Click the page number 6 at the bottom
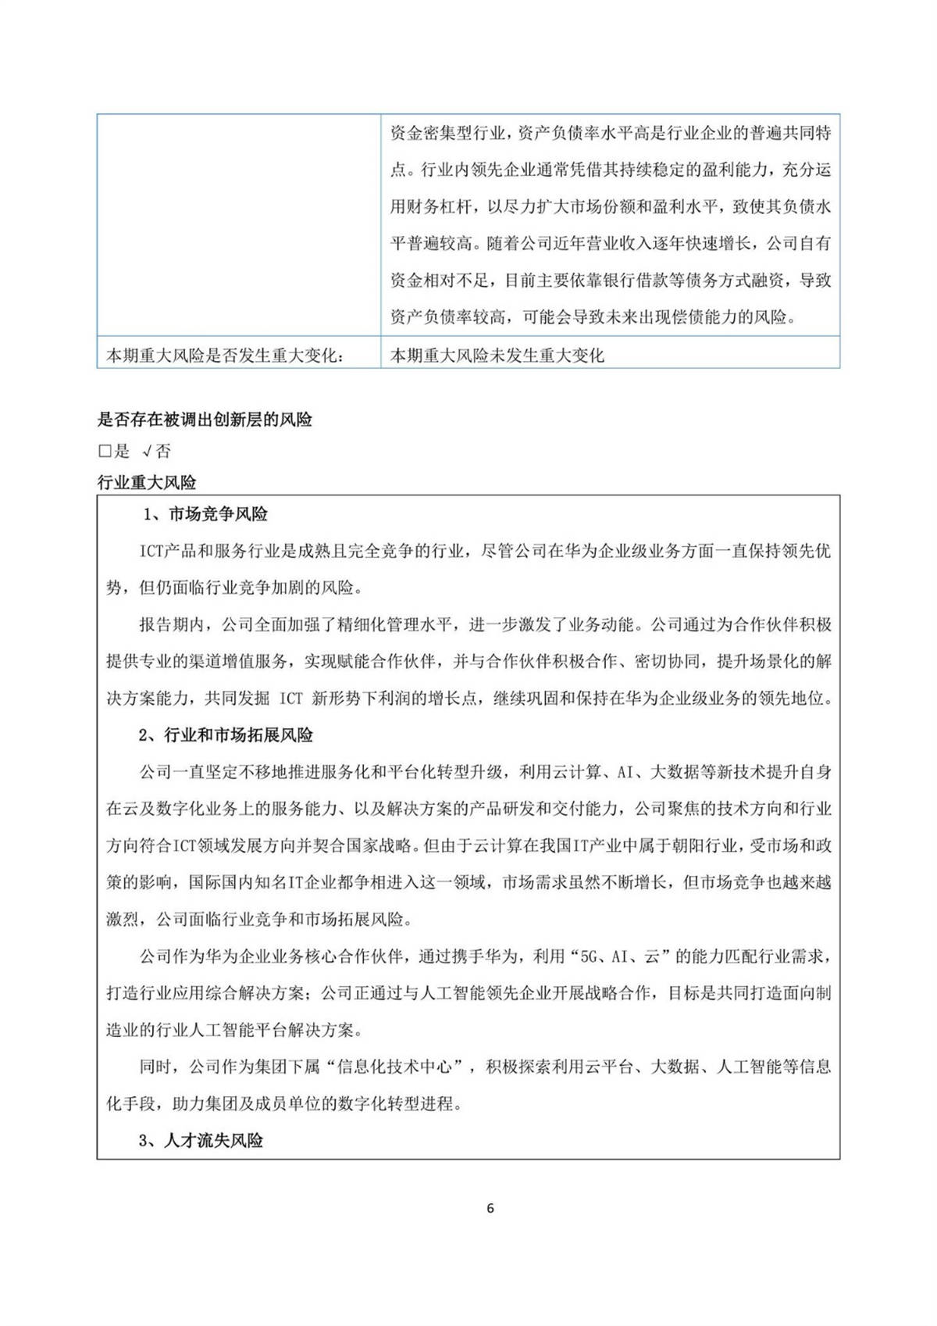pyautogui.click(x=490, y=1208)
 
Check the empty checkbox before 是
pyautogui.click(x=105, y=452)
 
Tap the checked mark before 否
pyautogui.click(x=146, y=452)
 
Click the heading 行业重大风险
pyautogui.click(x=146, y=482)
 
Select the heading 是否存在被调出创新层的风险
pyautogui.click(x=205, y=420)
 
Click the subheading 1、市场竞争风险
pyautogui.click(x=205, y=514)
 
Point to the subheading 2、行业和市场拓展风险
pyautogui.click(x=226, y=735)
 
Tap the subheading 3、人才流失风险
pyautogui.click(x=201, y=1141)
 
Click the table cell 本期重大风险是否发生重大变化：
pyautogui.click(x=226, y=355)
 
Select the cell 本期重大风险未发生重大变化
pyautogui.click(x=497, y=355)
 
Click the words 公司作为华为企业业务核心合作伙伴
pyautogui.click(x=271, y=956)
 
